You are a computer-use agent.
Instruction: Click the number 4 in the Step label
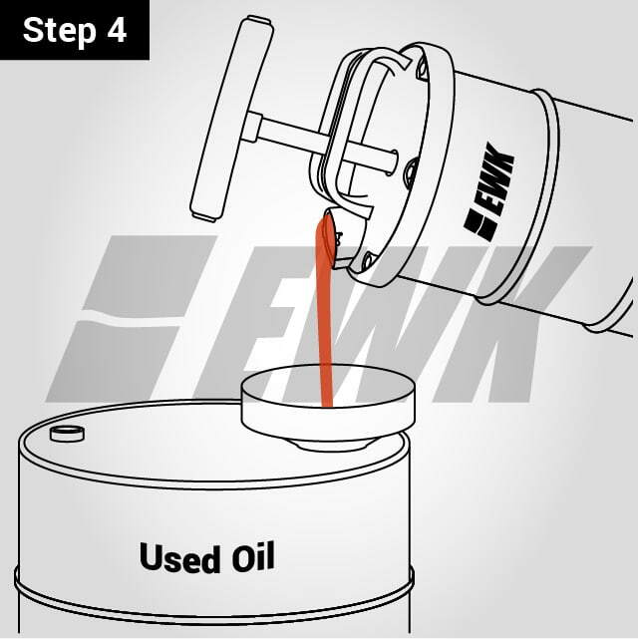[117, 29]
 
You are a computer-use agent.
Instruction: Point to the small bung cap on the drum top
[68, 433]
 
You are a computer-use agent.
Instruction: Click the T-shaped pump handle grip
[224, 120]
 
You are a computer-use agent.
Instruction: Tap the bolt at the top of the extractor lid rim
[423, 71]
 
